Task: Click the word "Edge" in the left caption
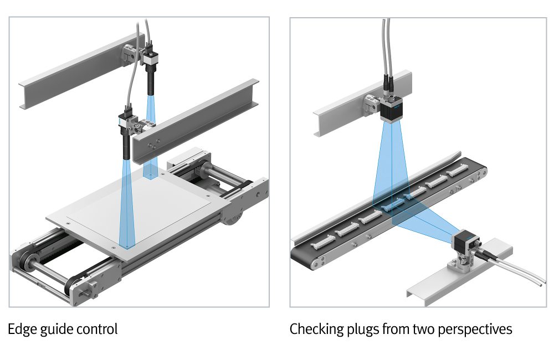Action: [x=21, y=330]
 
